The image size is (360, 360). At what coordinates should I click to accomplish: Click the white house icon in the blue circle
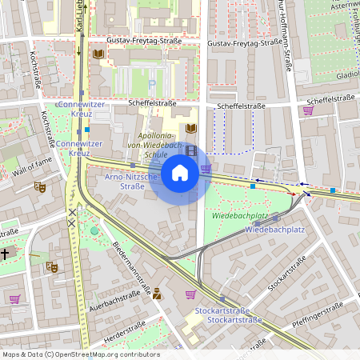pyautogui.click(x=180, y=172)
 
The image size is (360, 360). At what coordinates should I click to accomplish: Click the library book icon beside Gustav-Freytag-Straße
pyautogui.click(x=98, y=54)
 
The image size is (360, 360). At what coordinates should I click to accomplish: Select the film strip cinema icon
pyautogui.click(x=190, y=150)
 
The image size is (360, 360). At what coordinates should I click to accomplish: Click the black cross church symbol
pyautogui.click(x=5, y=254)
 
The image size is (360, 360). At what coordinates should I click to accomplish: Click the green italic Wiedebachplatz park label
pyautogui.click(x=239, y=216)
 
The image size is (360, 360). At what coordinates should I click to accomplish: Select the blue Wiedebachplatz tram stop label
pyautogui.click(x=274, y=230)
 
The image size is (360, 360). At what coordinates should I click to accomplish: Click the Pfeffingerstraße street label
pyautogui.click(x=323, y=310)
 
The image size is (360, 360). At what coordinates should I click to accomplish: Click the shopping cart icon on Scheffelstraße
pyautogui.click(x=308, y=110)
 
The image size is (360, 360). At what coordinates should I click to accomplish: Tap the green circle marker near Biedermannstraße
pyautogui.click(x=94, y=230)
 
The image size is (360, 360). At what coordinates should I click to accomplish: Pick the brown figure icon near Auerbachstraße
pyautogui.click(x=158, y=293)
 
